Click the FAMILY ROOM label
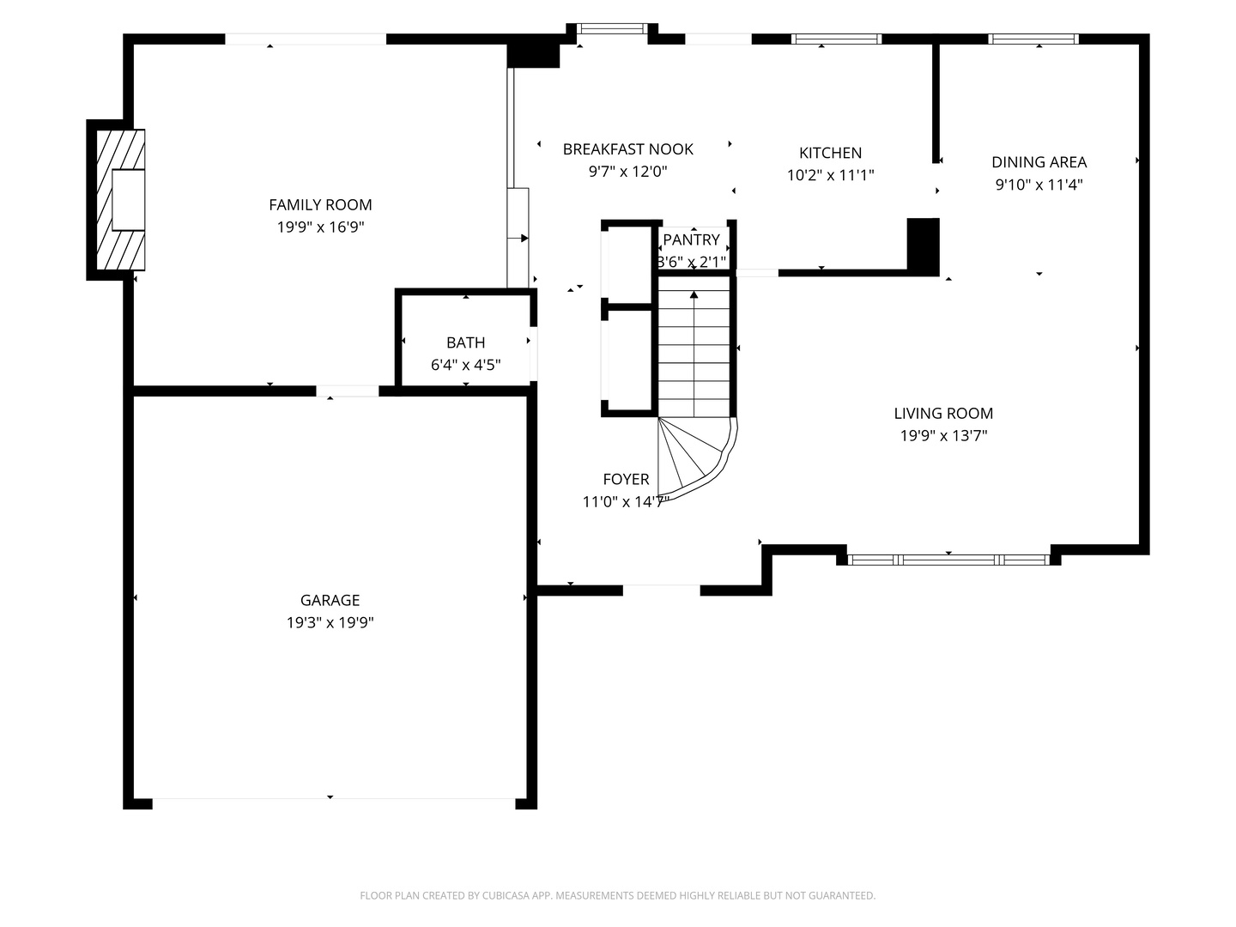(320, 204)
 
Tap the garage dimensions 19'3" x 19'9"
(330, 622)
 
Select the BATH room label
(465, 342)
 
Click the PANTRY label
(691, 239)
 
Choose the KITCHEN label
(830, 153)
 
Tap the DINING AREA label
(1039, 161)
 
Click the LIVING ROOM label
(943, 413)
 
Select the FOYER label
(626, 479)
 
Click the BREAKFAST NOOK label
(627, 148)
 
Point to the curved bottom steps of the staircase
(694, 455)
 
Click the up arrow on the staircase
(694, 296)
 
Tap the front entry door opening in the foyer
(661, 590)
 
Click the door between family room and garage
(347, 391)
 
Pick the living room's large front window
(948, 560)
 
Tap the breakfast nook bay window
(611, 28)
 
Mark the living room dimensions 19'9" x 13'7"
(943, 435)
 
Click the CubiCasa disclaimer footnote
(617, 895)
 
